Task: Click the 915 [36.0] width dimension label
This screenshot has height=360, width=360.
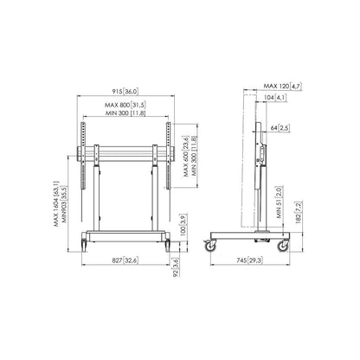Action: pyautogui.click(x=125, y=92)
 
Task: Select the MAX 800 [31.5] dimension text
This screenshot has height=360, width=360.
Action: pyautogui.click(x=125, y=105)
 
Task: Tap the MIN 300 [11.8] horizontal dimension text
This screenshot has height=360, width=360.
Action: pyautogui.click(x=125, y=113)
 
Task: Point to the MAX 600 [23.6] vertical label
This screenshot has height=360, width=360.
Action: pyautogui.click(x=186, y=156)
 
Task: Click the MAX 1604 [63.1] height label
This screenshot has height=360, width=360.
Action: pyautogui.click(x=56, y=203)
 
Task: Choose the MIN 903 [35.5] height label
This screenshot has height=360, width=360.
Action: pyautogui.click(x=64, y=204)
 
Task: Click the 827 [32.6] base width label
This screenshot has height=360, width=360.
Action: pyautogui.click(x=125, y=260)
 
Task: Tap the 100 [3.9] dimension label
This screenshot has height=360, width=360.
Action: pyautogui.click(x=182, y=224)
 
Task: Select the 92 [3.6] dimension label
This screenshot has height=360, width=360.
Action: pyautogui.click(x=176, y=267)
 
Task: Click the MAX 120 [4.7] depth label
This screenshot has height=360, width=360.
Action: pyautogui.click(x=283, y=86)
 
